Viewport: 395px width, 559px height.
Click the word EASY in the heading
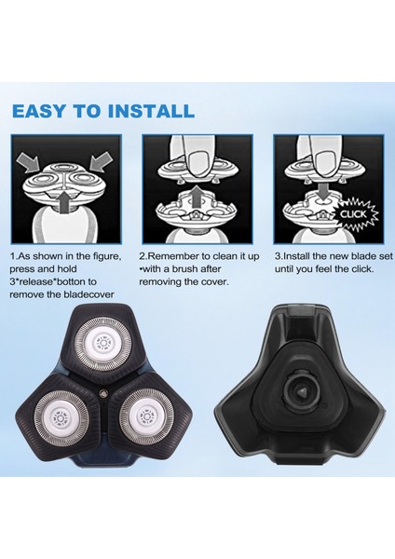[x=39, y=111]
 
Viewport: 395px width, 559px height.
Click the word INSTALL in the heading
[x=151, y=111]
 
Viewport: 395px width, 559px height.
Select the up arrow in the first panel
[x=62, y=202]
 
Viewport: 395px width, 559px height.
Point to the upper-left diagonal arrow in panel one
[x=29, y=159]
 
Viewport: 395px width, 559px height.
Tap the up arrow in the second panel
[x=195, y=198]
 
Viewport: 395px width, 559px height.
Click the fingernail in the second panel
[x=197, y=161]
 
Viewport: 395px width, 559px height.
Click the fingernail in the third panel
[x=325, y=159]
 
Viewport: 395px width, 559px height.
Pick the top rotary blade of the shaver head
[x=103, y=344]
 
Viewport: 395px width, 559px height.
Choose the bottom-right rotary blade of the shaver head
[x=146, y=416]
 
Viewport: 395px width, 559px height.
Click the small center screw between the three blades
[x=103, y=393]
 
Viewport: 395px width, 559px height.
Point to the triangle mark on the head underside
[x=303, y=392]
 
